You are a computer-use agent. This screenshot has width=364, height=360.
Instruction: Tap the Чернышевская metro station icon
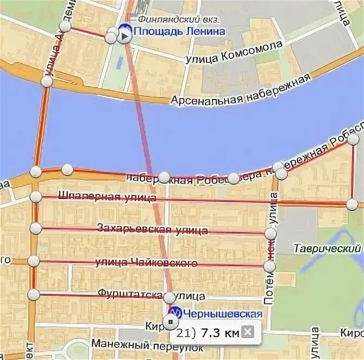(175, 313)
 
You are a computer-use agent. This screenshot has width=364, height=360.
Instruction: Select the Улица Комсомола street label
(234, 52)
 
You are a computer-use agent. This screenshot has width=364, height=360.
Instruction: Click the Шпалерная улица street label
(106, 197)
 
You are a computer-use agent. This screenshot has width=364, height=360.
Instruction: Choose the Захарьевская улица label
(152, 228)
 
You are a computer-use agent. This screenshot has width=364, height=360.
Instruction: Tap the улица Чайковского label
(146, 263)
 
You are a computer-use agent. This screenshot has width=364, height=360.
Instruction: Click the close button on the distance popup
(247, 332)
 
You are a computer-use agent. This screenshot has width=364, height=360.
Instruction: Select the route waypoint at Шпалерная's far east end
(352, 204)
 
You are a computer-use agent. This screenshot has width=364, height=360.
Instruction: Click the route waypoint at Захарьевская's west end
(36, 228)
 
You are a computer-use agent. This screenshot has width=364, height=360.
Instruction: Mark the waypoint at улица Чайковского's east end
(269, 266)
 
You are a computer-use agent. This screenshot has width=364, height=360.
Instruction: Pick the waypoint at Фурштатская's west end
(34, 294)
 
